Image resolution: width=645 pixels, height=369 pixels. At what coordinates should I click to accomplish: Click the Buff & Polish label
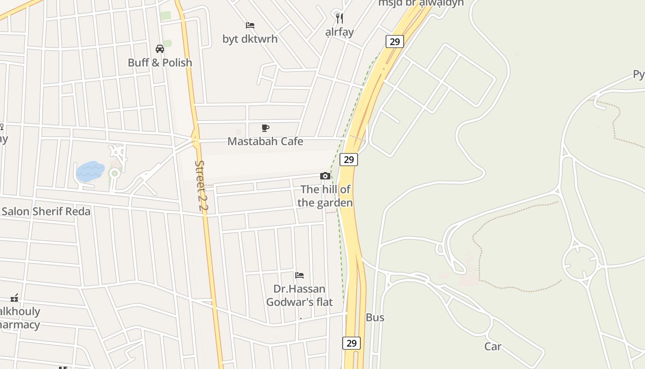160,63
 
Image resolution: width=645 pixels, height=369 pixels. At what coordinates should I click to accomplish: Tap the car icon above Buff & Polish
160,49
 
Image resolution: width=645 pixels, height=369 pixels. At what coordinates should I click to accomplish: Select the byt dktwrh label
250,39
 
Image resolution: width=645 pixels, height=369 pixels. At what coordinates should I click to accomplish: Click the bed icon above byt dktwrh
250,25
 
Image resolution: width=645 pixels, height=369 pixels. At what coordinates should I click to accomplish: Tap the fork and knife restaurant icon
340,18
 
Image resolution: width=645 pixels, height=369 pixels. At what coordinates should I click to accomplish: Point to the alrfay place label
340,32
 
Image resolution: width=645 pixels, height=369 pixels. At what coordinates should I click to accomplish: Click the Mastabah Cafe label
265,142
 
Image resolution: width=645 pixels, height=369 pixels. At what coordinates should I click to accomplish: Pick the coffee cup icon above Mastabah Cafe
265,128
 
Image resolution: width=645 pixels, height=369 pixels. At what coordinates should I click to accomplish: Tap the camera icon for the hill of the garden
325,176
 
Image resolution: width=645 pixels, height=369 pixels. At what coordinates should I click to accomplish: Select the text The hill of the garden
325,196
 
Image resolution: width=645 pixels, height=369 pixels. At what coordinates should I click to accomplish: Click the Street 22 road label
201,185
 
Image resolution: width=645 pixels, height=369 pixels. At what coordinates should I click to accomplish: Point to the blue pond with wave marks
90,171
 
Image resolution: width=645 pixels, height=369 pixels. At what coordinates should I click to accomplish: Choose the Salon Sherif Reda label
46,212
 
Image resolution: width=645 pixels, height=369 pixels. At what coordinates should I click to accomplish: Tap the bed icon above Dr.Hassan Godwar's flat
299,275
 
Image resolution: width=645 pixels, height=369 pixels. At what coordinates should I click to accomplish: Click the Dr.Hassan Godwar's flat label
299,296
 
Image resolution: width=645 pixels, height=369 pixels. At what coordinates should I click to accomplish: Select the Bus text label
375,318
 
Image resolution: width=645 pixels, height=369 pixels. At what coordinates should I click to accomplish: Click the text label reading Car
493,346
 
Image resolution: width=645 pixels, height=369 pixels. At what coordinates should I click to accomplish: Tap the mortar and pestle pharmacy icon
15,298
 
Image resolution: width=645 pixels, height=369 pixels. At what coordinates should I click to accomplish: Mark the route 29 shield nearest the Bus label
352,343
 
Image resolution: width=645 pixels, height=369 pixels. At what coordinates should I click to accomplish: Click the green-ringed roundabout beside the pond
114,173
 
